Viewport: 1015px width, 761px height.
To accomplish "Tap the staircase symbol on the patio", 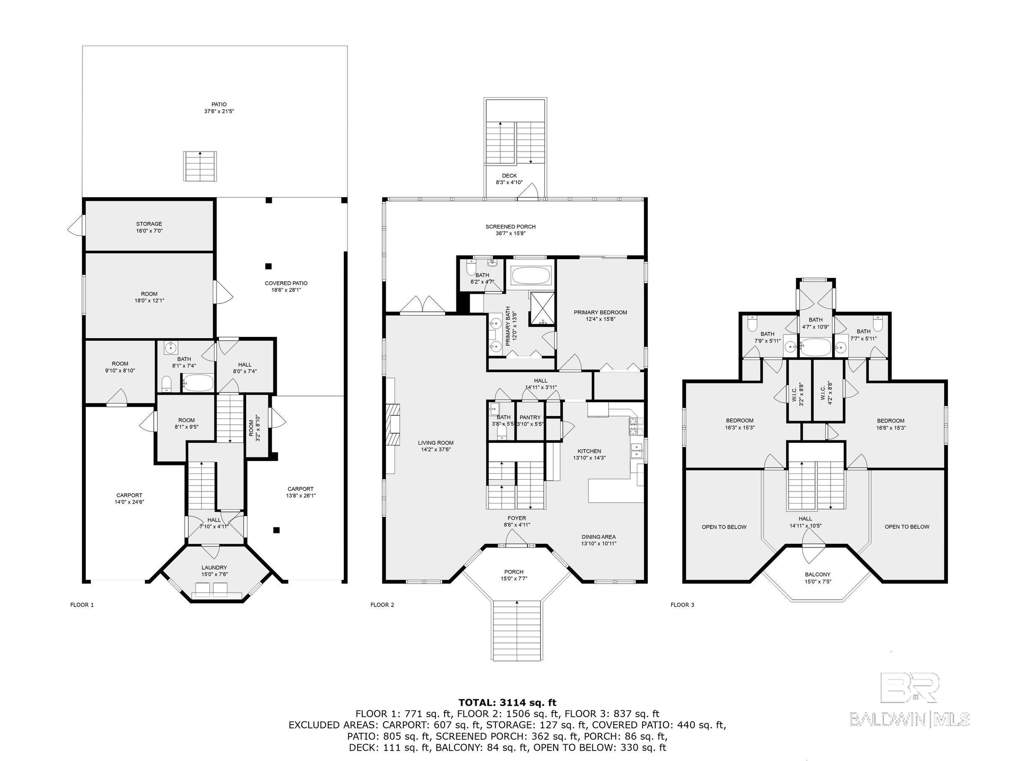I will [200, 166].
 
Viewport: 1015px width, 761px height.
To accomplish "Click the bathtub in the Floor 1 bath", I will [198, 383].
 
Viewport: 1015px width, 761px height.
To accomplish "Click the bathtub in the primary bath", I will [530, 276].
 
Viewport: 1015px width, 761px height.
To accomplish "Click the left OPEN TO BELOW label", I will [724, 527].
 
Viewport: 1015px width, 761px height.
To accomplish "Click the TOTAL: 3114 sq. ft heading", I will [507, 702].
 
